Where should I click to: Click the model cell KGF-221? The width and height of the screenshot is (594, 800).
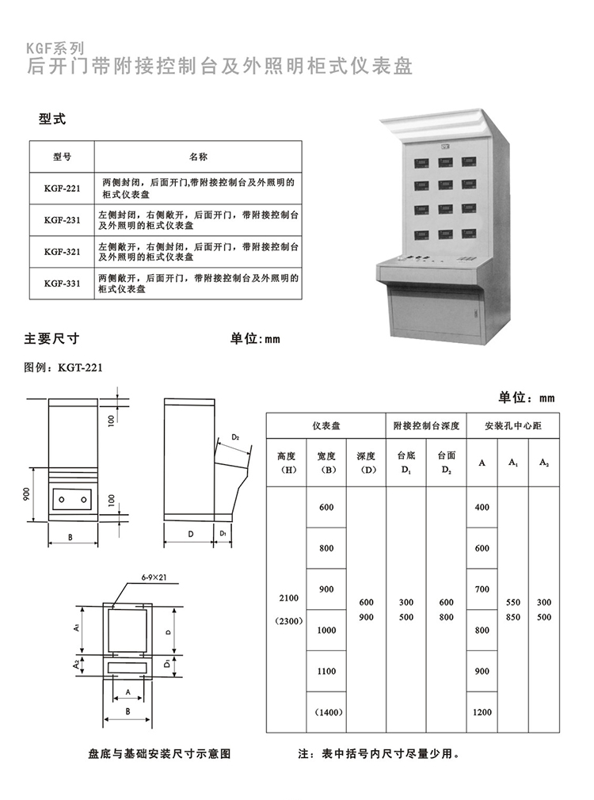click(x=62, y=188)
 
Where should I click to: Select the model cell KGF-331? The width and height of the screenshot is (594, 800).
click(x=62, y=283)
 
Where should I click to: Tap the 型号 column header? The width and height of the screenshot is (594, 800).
click(x=62, y=157)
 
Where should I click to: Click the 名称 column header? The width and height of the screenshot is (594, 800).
click(x=198, y=157)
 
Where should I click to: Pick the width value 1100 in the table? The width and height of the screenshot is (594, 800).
click(x=326, y=671)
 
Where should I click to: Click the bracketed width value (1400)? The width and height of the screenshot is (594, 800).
click(x=326, y=712)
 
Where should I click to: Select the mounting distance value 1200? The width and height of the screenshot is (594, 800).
click(x=482, y=712)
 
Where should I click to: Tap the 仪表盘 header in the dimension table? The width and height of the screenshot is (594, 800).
click(x=326, y=426)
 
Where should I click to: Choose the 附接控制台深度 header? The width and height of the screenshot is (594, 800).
click(x=426, y=426)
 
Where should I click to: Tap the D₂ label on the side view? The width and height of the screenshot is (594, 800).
click(x=235, y=437)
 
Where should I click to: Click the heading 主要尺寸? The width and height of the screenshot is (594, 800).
click(x=52, y=338)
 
